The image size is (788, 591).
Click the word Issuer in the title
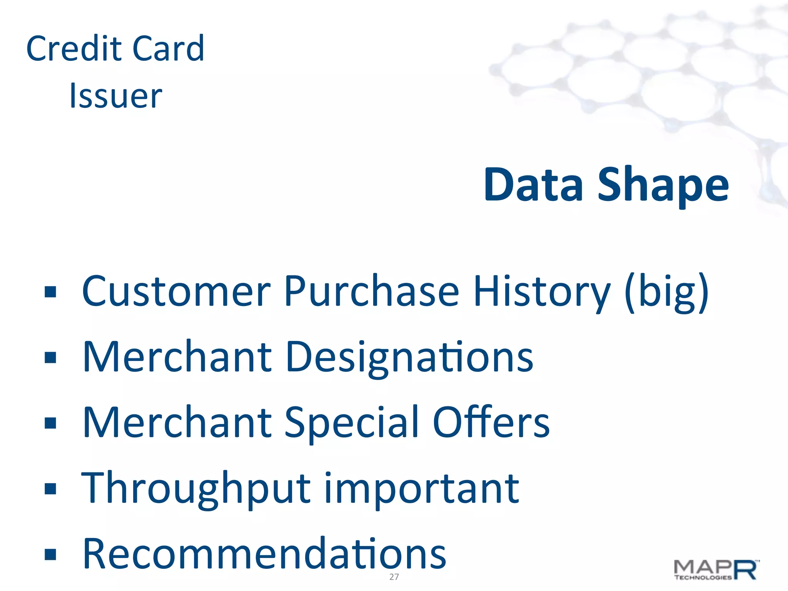pyautogui.click(x=115, y=96)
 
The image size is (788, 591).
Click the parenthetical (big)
pyautogui.click(x=666, y=292)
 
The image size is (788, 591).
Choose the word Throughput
pyautogui.click(x=196, y=489)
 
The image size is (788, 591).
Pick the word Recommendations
pyautogui.click(x=264, y=554)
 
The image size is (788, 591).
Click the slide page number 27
pyautogui.click(x=394, y=577)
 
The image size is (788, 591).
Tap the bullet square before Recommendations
pyautogui.click(x=50, y=554)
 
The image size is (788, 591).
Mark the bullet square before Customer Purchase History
pyautogui.click(x=50, y=292)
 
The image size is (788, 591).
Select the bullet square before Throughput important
pyautogui.click(x=50, y=489)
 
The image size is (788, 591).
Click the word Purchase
pyautogui.click(x=372, y=291)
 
